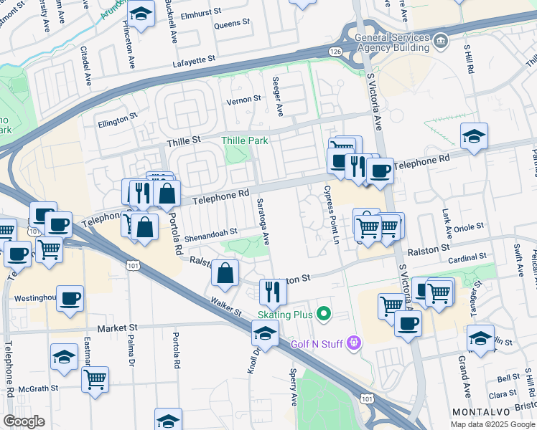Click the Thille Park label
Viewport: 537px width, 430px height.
coord(245,140)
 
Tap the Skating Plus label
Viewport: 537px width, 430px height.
coord(286,314)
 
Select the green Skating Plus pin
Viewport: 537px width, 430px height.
coord(324,313)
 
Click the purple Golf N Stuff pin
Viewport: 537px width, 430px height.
coord(352,343)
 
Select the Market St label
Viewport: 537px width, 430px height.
coord(116,328)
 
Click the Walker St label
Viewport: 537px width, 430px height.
coord(225,303)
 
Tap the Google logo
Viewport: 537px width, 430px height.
coord(24,421)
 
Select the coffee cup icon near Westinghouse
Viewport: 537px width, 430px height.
coord(70,299)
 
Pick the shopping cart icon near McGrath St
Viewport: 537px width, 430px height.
coord(95,379)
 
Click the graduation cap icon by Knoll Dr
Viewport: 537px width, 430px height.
coord(265,333)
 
